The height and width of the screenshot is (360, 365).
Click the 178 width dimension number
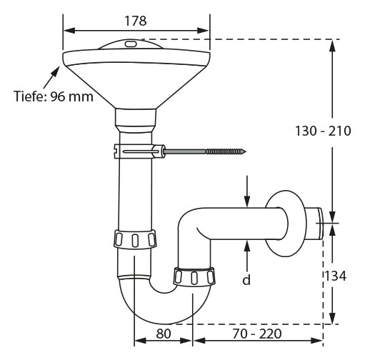pos(136,21)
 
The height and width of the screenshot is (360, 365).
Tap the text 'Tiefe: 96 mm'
pos(54,96)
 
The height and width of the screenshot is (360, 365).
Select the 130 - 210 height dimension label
pos(323,131)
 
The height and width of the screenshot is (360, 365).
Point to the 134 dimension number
pos(336,276)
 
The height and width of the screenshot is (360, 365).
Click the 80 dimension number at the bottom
pos(164,334)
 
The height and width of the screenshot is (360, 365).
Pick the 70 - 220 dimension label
pos(257,334)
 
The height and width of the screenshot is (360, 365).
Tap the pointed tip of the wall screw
pos(246,151)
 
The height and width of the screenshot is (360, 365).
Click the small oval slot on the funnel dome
pos(131,44)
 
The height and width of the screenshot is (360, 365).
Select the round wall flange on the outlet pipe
pos(285,224)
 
